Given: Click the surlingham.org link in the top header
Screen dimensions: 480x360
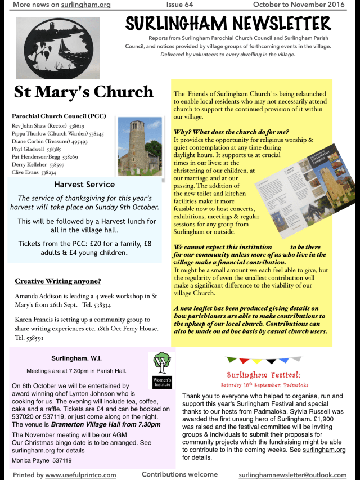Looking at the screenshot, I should [x=85, y=5].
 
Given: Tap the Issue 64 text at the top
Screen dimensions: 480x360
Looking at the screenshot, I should [x=179, y=5].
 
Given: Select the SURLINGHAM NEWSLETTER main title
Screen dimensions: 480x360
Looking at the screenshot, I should [x=228, y=24].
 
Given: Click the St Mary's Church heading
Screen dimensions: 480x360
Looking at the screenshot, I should [x=83, y=91].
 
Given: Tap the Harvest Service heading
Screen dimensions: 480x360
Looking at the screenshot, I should [x=84, y=185].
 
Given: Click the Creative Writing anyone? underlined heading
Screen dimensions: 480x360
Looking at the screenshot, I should [x=58, y=281].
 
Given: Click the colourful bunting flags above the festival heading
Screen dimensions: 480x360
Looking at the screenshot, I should [x=264, y=360].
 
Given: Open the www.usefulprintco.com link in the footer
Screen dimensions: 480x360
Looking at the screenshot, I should [x=80, y=475].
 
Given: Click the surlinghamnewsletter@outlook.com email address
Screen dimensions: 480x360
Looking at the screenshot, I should [x=292, y=475].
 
